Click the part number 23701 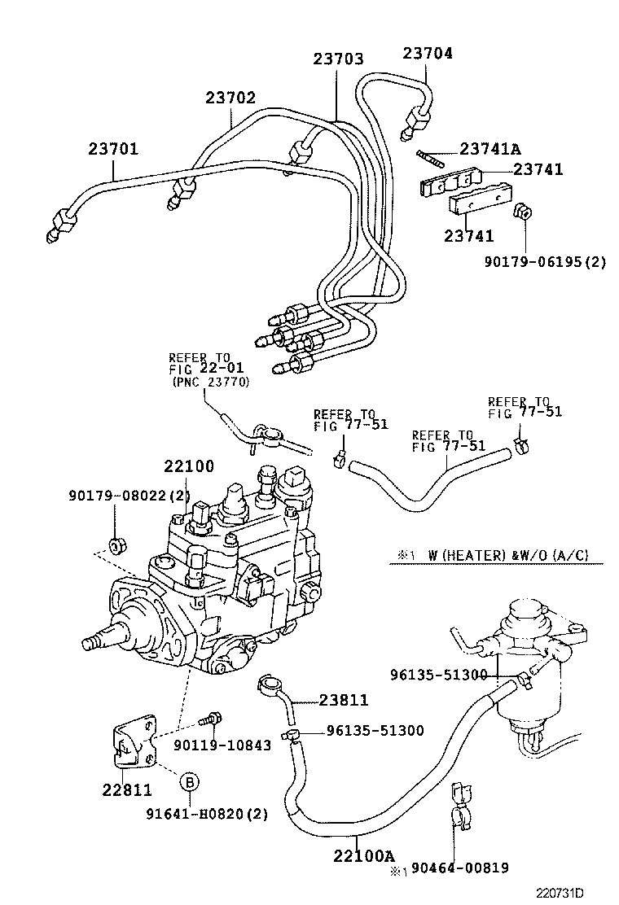click(x=113, y=150)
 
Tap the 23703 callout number click(x=339, y=59)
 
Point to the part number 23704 click(x=428, y=54)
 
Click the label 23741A click(x=490, y=149)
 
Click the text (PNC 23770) click(x=210, y=382)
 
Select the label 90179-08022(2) click(x=130, y=495)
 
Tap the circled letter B click(x=189, y=782)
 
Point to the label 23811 click(x=344, y=700)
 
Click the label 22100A click(x=362, y=855)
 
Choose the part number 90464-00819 click(x=460, y=868)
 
